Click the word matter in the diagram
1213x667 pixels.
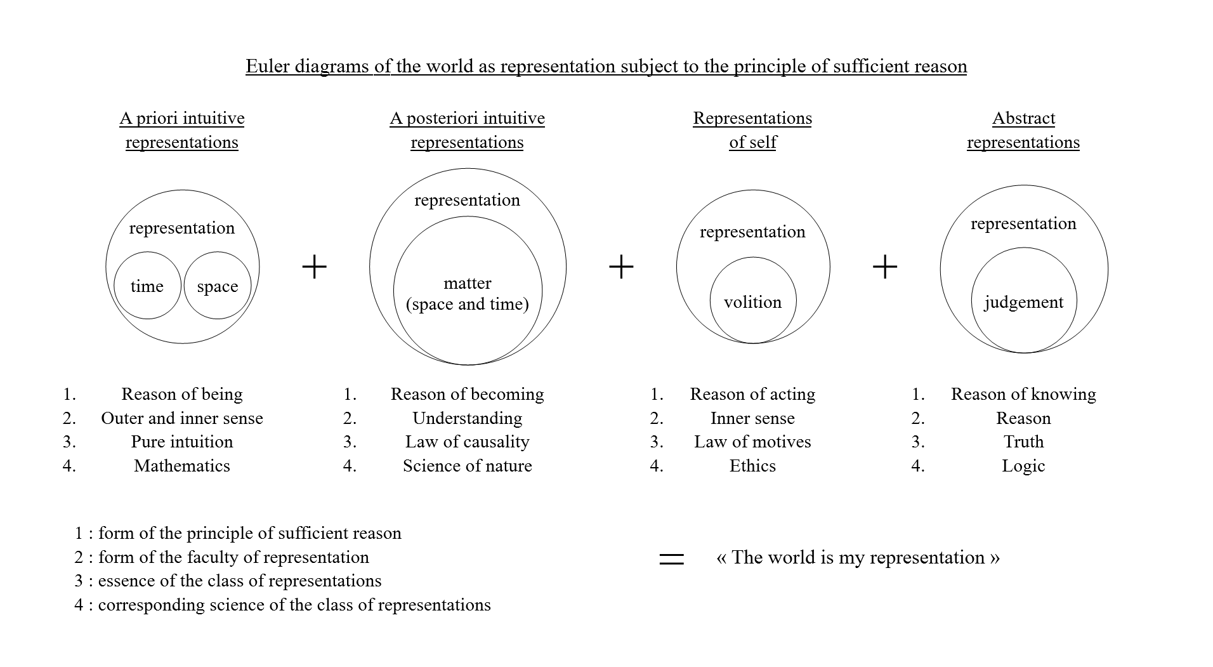468,283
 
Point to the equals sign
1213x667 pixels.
672,558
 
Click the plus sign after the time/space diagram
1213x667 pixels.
314,267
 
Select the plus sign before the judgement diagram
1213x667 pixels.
885,267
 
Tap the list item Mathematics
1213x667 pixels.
182,466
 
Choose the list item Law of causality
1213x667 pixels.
468,442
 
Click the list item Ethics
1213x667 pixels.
752,466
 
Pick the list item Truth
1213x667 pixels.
1023,442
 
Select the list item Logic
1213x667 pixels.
1023,466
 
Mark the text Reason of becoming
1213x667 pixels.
468,394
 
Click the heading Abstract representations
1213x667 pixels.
1023,130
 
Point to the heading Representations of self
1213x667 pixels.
752,130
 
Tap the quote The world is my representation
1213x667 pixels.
858,557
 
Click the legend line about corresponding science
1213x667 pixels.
282,605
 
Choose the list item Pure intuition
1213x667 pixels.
182,442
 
